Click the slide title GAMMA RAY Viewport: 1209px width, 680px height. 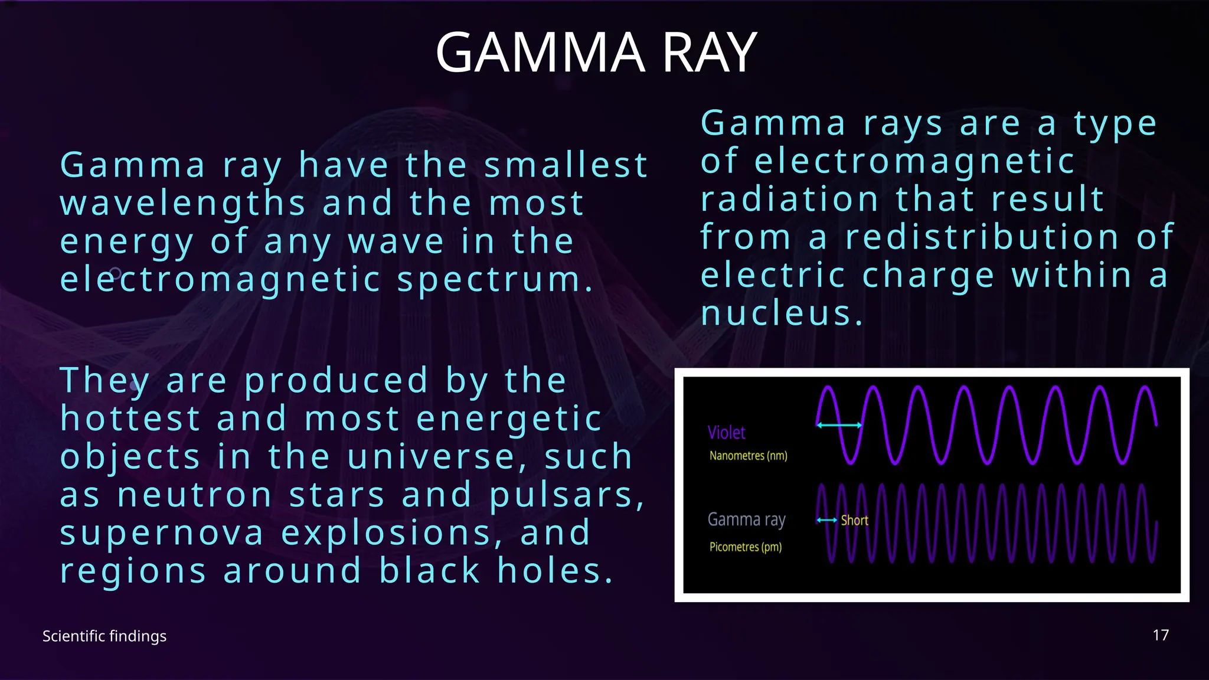pyautogui.click(x=596, y=53)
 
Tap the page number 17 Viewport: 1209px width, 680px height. pyautogui.click(x=1161, y=635)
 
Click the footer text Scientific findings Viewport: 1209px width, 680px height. pyautogui.click(x=104, y=636)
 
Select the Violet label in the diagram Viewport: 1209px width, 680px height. pyautogui.click(x=726, y=433)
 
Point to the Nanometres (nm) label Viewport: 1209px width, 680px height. pyautogui.click(x=748, y=456)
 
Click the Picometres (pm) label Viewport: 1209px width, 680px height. pyautogui.click(x=745, y=547)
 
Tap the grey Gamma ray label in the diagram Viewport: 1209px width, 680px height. pyautogui.click(x=746, y=519)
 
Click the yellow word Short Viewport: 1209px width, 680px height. pyautogui.click(x=854, y=521)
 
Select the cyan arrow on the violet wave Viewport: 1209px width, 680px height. pyautogui.click(x=839, y=424)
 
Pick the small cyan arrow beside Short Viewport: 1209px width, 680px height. pyautogui.click(x=826, y=520)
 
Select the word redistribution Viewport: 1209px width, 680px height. pyautogui.click(x=982, y=237)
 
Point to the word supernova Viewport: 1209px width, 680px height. pyautogui.click(x=161, y=533)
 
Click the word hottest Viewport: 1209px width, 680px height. pyautogui.click(x=130, y=419)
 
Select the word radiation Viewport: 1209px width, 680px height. pyautogui.click(x=789, y=199)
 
